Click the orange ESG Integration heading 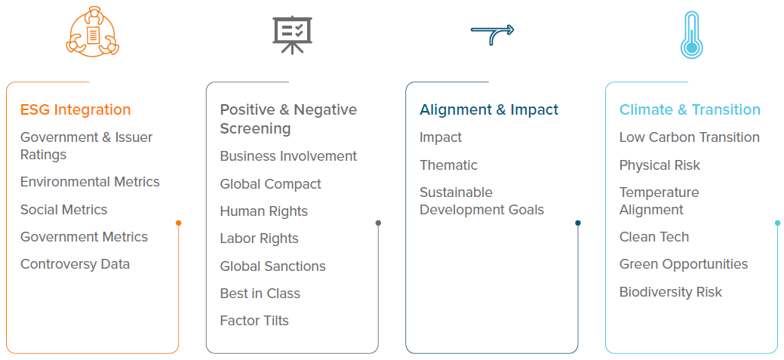coord(75,109)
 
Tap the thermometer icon coord(691,35)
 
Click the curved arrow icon coord(492,35)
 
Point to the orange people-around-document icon coord(93,32)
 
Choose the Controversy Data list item coord(75,264)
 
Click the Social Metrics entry coord(64,210)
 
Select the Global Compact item coord(270,184)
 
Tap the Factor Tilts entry coord(254,321)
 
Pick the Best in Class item coord(260,293)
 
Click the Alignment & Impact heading coord(489,109)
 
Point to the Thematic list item coord(448,165)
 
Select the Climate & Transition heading coord(690,109)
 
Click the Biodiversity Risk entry coord(671,292)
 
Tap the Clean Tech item coord(654,237)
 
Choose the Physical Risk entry coord(659,165)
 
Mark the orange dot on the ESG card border coord(179,223)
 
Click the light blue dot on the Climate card coord(777,223)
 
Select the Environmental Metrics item coord(90,182)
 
